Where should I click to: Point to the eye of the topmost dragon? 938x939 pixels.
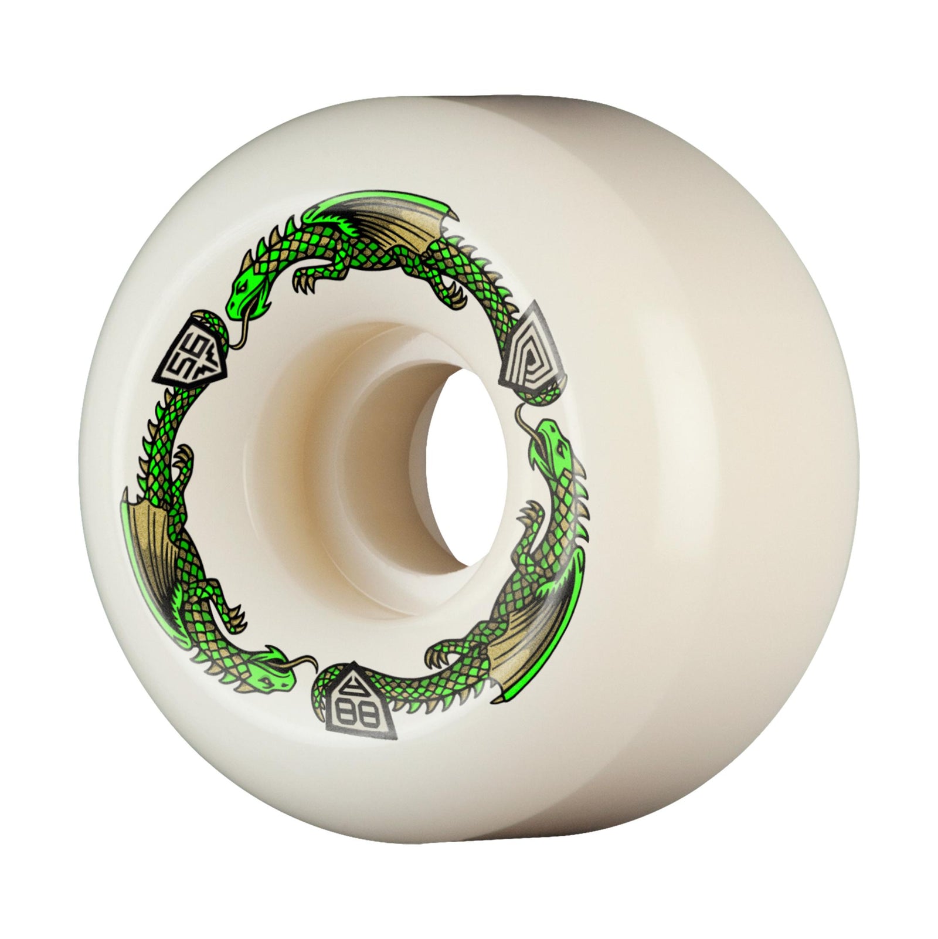pos(241,287)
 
